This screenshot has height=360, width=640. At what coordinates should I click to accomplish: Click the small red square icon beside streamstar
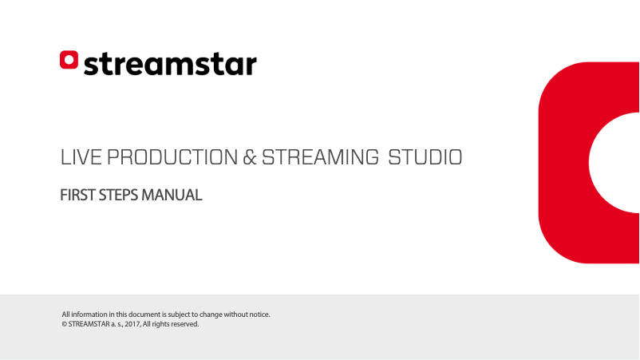click(x=69, y=60)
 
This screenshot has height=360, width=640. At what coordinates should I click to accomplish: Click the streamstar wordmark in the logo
click(x=170, y=64)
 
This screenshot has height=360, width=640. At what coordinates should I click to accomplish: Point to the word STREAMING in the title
click(x=319, y=157)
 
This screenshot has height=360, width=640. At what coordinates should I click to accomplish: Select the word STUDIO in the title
click(x=425, y=157)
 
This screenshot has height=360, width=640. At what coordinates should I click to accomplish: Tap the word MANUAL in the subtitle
click(x=172, y=195)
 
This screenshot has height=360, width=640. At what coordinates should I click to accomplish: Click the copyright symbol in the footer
click(x=64, y=324)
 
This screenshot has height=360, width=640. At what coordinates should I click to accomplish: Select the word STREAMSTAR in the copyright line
click(x=89, y=324)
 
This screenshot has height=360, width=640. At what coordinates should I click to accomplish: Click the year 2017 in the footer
click(x=133, y=324)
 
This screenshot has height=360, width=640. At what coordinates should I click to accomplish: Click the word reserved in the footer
click(x=184, y=324)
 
